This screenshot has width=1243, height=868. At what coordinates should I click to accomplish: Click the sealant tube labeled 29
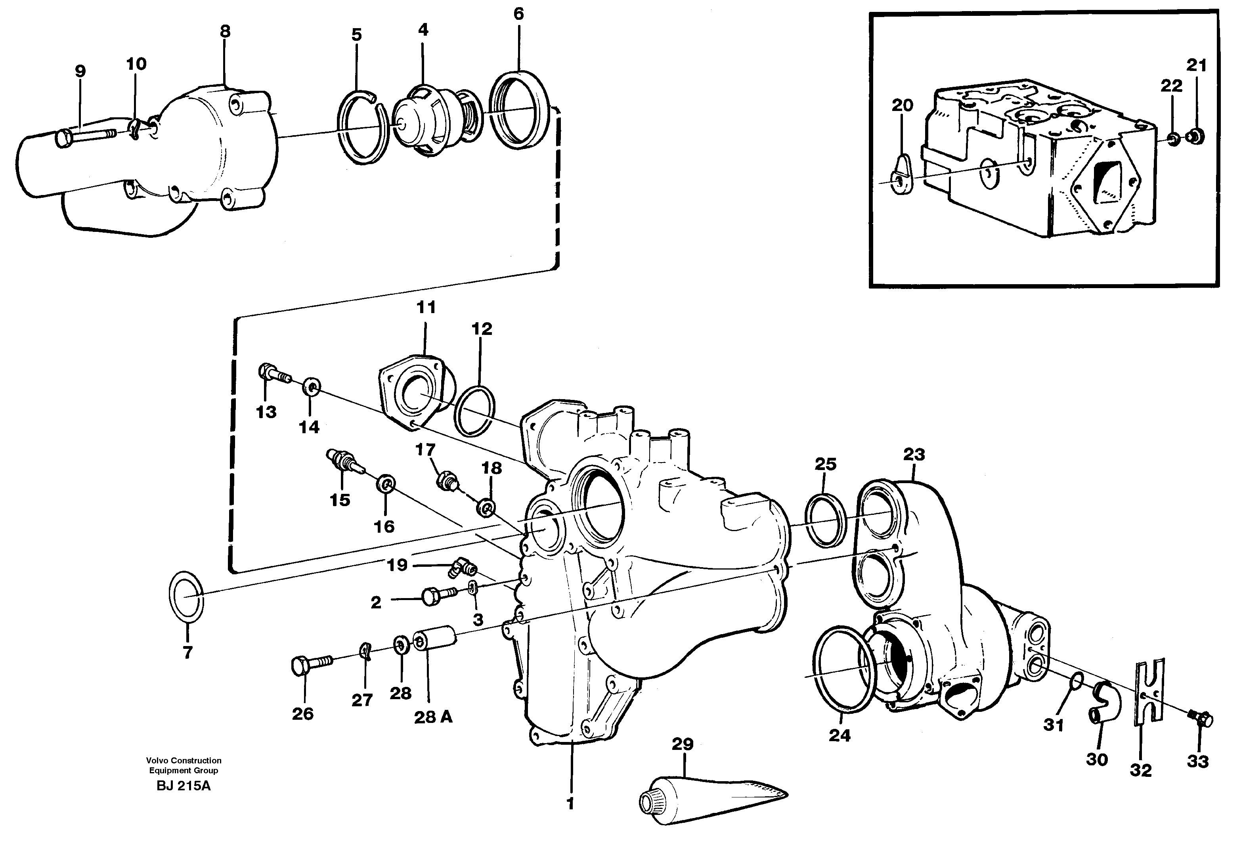(709, 798)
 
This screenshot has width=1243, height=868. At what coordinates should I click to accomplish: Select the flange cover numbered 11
(414, 390)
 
